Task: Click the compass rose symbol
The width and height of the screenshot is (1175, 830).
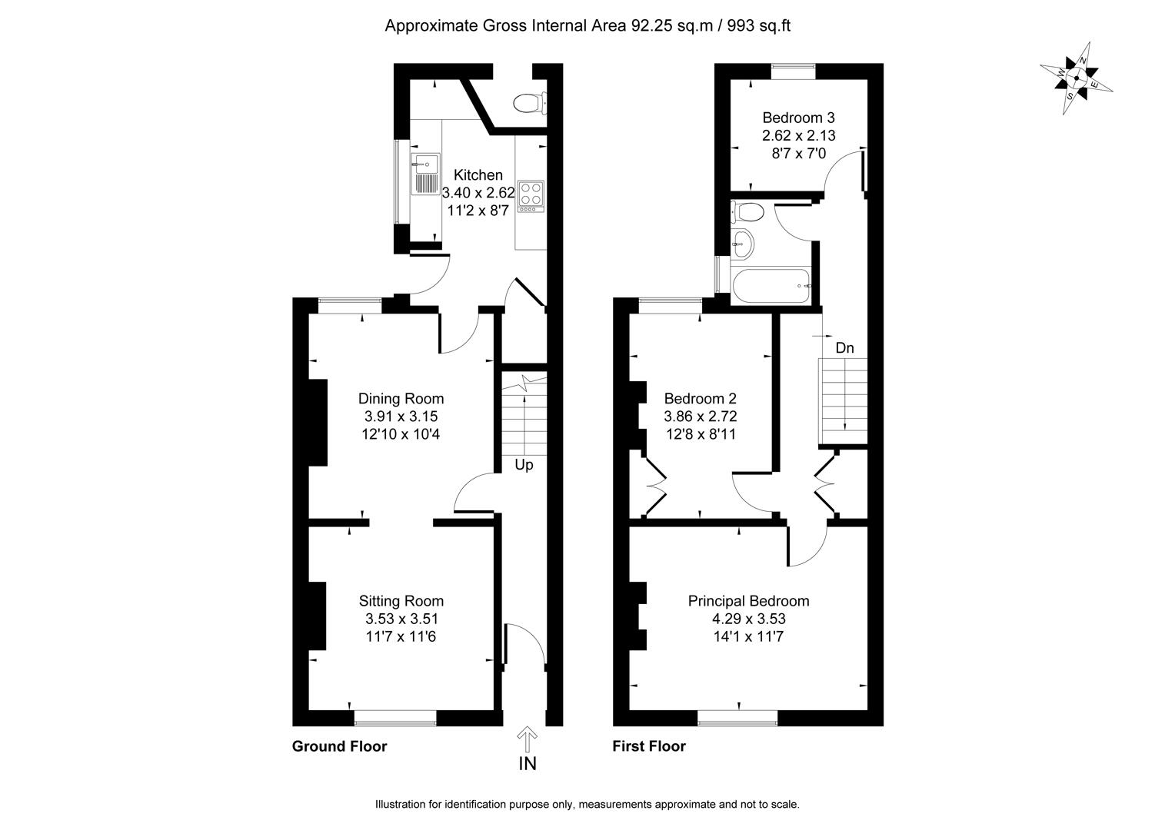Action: click(x=1077, y=78)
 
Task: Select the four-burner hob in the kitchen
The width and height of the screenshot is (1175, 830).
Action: click(x=531, y=195)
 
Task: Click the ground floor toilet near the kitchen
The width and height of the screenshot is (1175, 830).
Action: click(x=530, y=102)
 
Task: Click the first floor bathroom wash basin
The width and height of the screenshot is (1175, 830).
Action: click(x=742, y=244)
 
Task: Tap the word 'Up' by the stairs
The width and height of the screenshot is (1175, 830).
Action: click(x=524, y=465)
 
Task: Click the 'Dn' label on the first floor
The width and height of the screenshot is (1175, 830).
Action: click(x=844, y=348)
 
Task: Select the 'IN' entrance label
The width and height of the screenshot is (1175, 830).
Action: click(x=528, y=763)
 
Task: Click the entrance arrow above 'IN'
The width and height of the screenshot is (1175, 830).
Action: click(x=528, y=739)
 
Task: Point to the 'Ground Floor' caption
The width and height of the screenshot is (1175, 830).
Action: click(x=339, y=746)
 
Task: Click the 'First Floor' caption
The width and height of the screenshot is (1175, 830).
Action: click(x=648, y=746)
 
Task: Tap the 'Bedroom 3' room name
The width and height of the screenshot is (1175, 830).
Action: click(x=798, y=118)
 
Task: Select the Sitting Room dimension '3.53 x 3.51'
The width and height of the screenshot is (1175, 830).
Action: click(x=401, y=619)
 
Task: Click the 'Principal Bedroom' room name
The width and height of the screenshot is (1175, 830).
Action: click(x=748, y=601)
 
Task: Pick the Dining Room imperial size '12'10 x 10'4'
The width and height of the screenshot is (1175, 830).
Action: click(x=401, y=433)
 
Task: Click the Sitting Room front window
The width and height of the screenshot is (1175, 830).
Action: click(x=395, y=718)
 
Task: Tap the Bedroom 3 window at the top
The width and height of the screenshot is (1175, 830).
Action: click(x=794, y=71)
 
